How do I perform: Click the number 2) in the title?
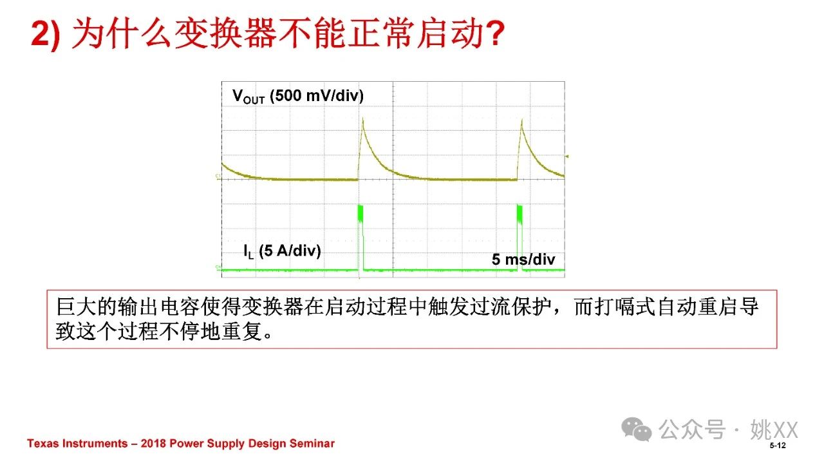click(46, 34)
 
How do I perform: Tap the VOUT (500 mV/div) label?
click(298, 97)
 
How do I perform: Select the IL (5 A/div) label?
click(282, 252)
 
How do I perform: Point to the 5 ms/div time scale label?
click(523, 260)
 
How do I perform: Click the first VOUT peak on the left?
click(362, 119)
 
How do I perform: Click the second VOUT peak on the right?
click(521, 120)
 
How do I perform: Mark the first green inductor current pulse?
click(360, 238)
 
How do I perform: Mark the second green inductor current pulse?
click(520, 238)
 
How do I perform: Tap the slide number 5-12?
click(777, 446)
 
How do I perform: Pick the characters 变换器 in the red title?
click(225, 34)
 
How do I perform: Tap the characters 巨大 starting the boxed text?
click(76, 307)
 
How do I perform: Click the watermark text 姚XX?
click(774, 430)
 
